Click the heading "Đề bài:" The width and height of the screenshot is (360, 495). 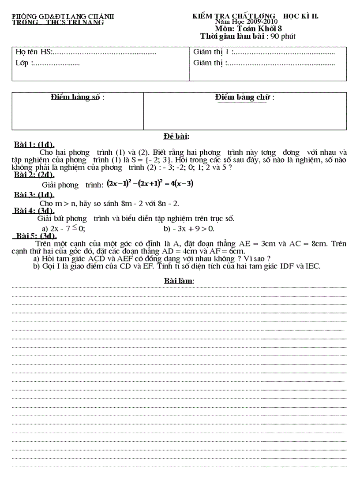[176, 137]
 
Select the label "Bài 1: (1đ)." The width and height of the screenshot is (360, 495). [34, 145]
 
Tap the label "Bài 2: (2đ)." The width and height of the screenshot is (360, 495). [34, 175]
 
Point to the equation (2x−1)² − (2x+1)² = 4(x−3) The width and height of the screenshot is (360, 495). [150, 184]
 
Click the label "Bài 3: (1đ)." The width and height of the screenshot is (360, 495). [34, 195]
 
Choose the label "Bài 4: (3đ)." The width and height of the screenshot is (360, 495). [34, 211]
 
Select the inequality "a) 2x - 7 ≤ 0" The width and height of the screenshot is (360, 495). [63, 228]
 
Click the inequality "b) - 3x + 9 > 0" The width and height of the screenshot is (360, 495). [189, 228]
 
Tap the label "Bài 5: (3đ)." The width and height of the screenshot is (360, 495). [35, 236]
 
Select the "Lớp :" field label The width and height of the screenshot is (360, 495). [22, 63]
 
